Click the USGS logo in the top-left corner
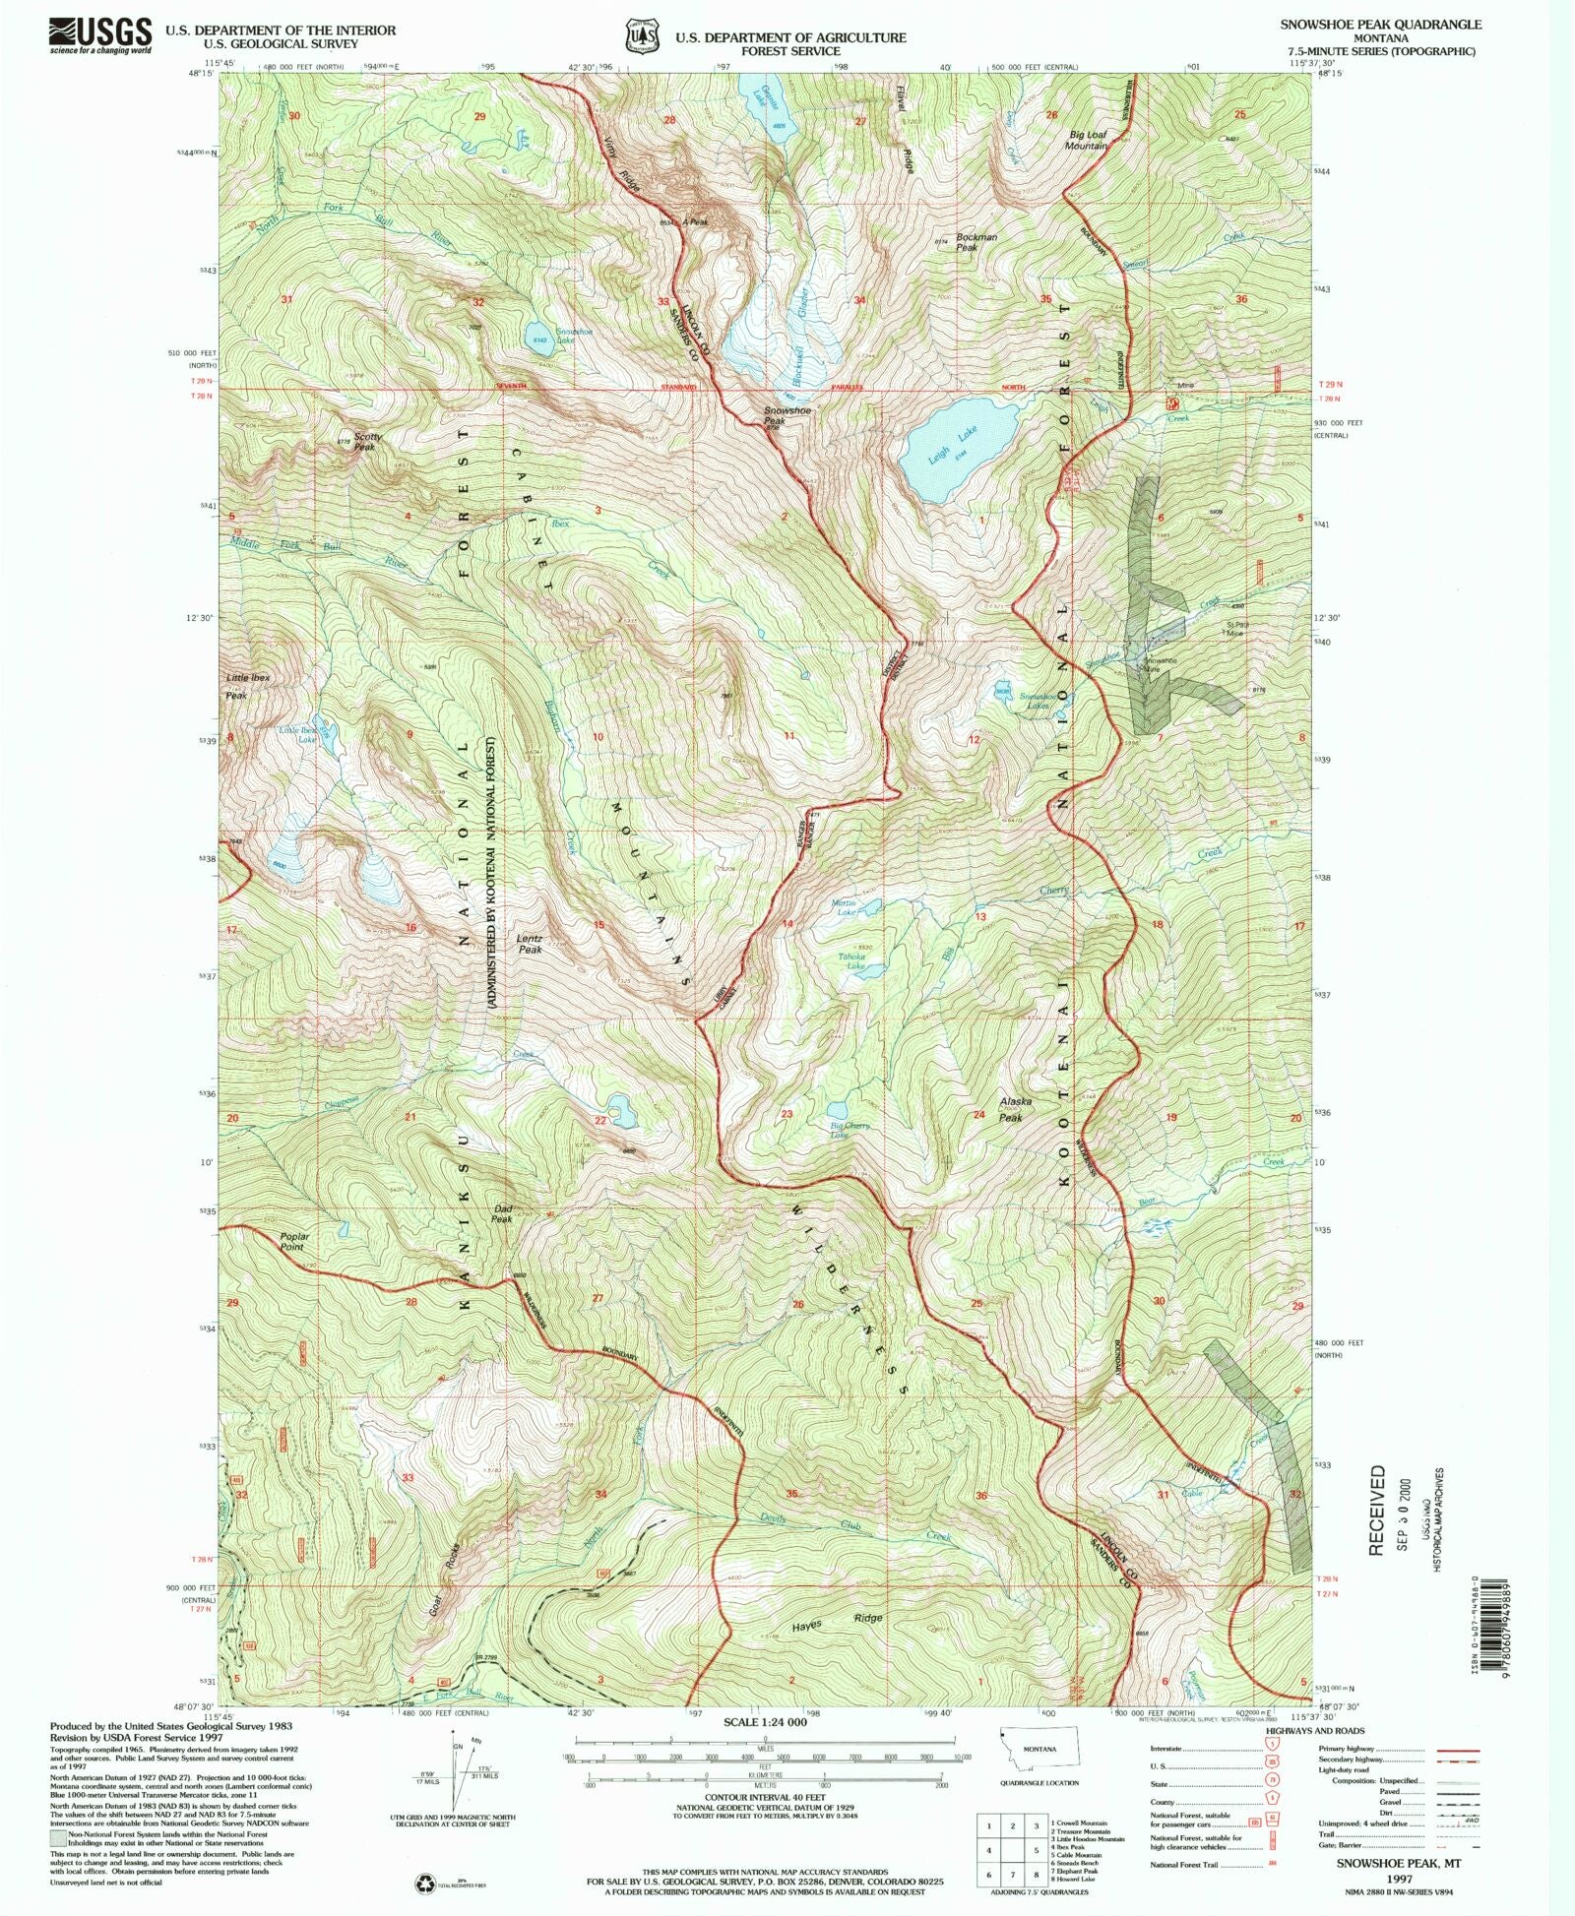pos(100,35)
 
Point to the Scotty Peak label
pos(367,442)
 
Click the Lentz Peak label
pos(530,944)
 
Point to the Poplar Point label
pos(293,1241)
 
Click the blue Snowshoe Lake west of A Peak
pos(538,336)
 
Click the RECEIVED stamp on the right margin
pos(1376,1511)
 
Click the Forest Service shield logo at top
pos(641,36)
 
